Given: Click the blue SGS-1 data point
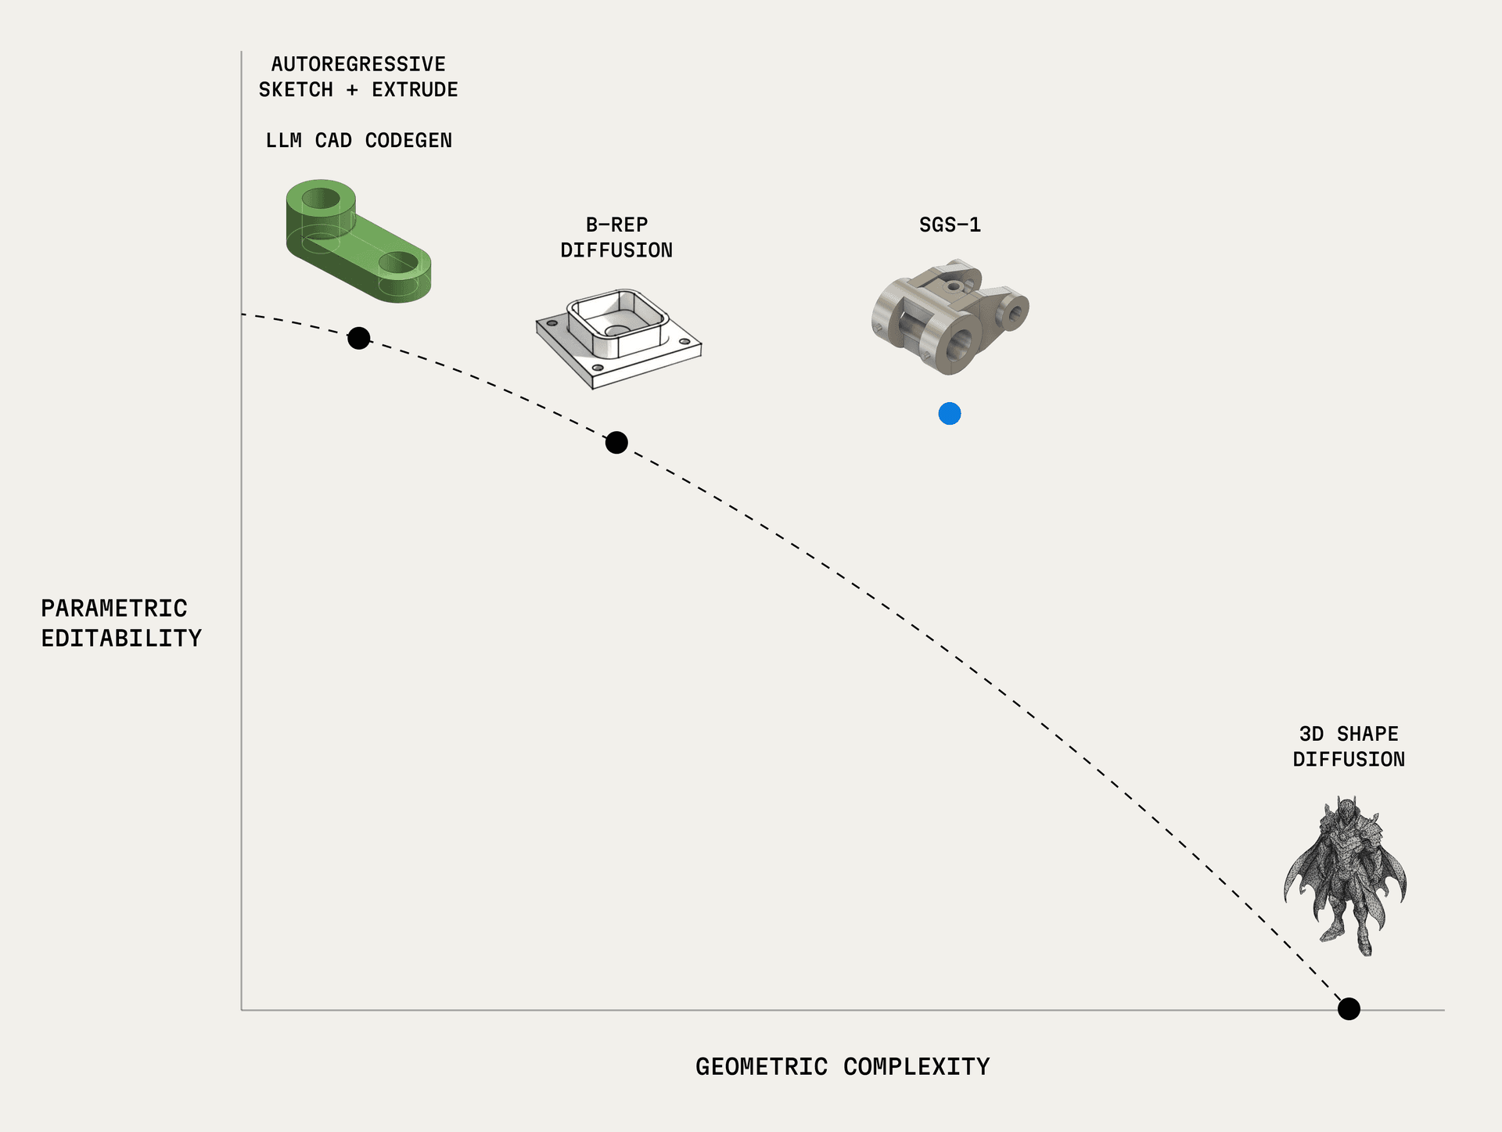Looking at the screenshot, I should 950,414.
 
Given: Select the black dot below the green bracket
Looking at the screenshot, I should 359,338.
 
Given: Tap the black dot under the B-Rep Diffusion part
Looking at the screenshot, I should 616,443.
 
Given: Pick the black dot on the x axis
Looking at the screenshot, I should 1349,1009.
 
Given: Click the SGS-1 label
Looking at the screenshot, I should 950,225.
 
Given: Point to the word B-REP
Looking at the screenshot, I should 616,225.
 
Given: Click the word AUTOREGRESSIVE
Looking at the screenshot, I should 358,64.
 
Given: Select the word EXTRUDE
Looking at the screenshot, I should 415,90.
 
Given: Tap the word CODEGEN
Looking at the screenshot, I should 408,141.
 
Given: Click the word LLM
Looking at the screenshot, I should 283,141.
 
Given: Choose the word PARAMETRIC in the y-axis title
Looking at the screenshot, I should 114,609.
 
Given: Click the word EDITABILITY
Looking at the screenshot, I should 121,638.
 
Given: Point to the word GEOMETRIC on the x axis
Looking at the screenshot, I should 761,1067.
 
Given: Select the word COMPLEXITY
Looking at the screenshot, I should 916,1067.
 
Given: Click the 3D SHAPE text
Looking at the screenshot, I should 1349,735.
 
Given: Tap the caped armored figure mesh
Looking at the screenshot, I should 1346,876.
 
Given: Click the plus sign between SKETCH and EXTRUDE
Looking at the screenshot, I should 352,90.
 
